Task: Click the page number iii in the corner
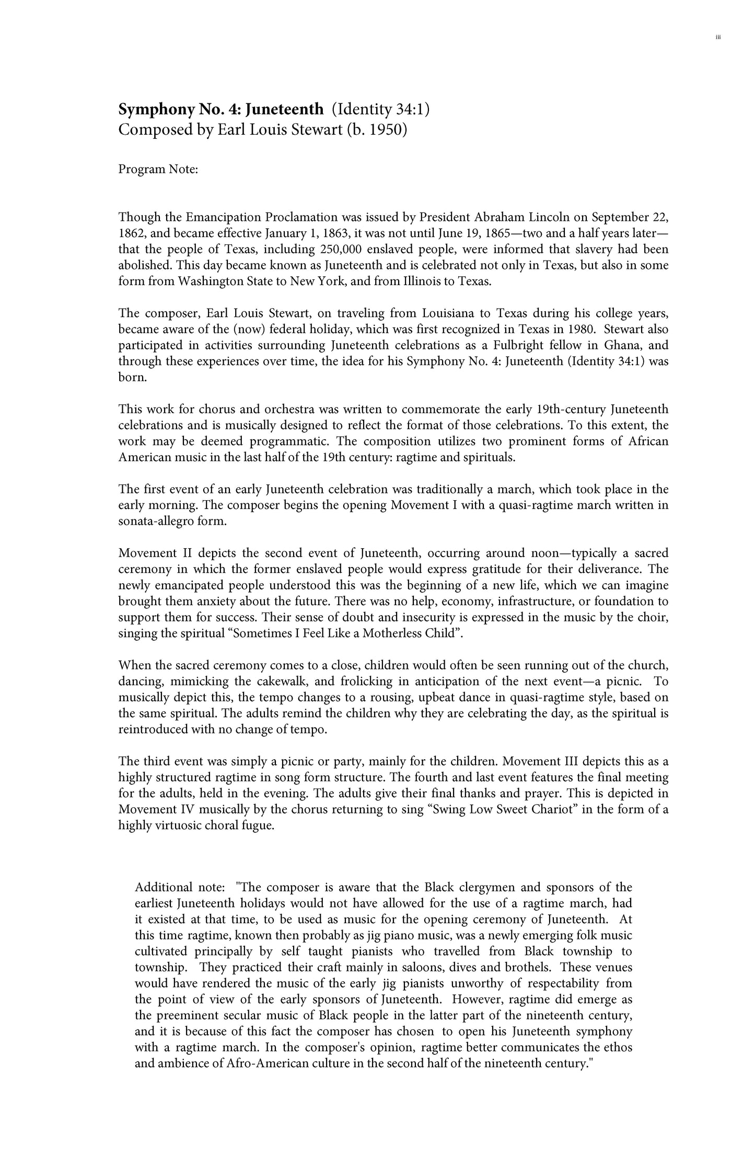pos(718,37)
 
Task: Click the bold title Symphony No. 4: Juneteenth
pos(221,110)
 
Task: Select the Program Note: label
pos(158,170)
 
